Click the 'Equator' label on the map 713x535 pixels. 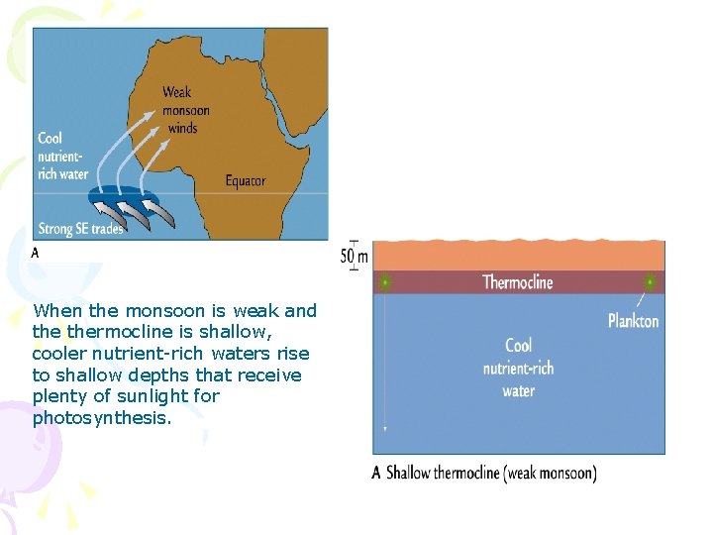[x=246, y=180]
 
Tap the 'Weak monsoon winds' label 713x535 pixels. [x=185, y=110]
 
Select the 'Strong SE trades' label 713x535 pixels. [x=80, y=229]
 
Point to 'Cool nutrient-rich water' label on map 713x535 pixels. [x=62, y=157]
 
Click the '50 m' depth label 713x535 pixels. [x=355, y=257]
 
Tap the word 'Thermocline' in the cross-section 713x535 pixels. [x=517, y=282]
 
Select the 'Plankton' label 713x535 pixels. [x=633, y=320]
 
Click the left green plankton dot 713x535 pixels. [x=384, y=282]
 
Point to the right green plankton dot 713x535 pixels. [x=651, y=282]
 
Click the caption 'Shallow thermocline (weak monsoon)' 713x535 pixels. [x=491, y=474]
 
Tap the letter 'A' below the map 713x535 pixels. [x=36, y=253]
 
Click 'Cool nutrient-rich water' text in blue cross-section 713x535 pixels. [x=518, y=368]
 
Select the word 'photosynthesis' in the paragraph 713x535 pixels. [x=101, y=418]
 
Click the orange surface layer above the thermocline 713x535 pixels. [x=517, y=256]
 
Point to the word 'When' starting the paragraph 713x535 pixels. [x=52, y=310]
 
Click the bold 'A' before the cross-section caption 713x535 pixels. [x=376, y=474]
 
